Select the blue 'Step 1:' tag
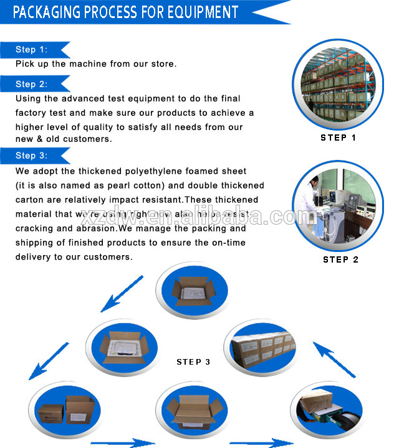pyautogui.click(x=31, y=50)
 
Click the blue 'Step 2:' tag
pyautogui.click(x=31, y=84)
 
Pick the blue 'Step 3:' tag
pyautogui.click(x=31, y=156)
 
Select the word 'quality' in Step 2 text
pyautogui.click(x=87, y=127)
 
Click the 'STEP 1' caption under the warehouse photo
pyautogui.click(x=338, y=138)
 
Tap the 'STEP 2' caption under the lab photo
pyautogui.click(x=340, y=259)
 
